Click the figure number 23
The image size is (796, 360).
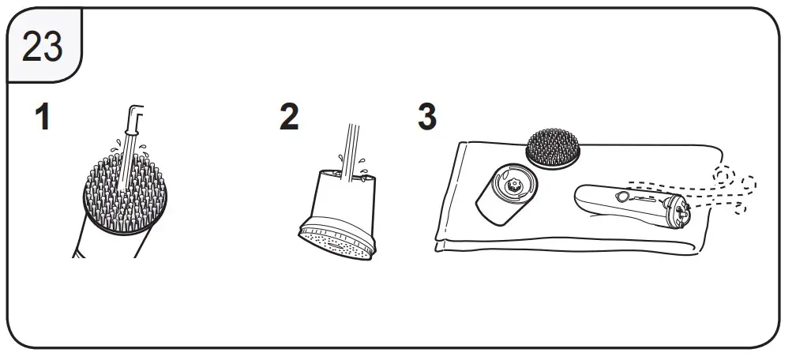pos(43,47)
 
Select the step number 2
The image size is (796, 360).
pos(289,118)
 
